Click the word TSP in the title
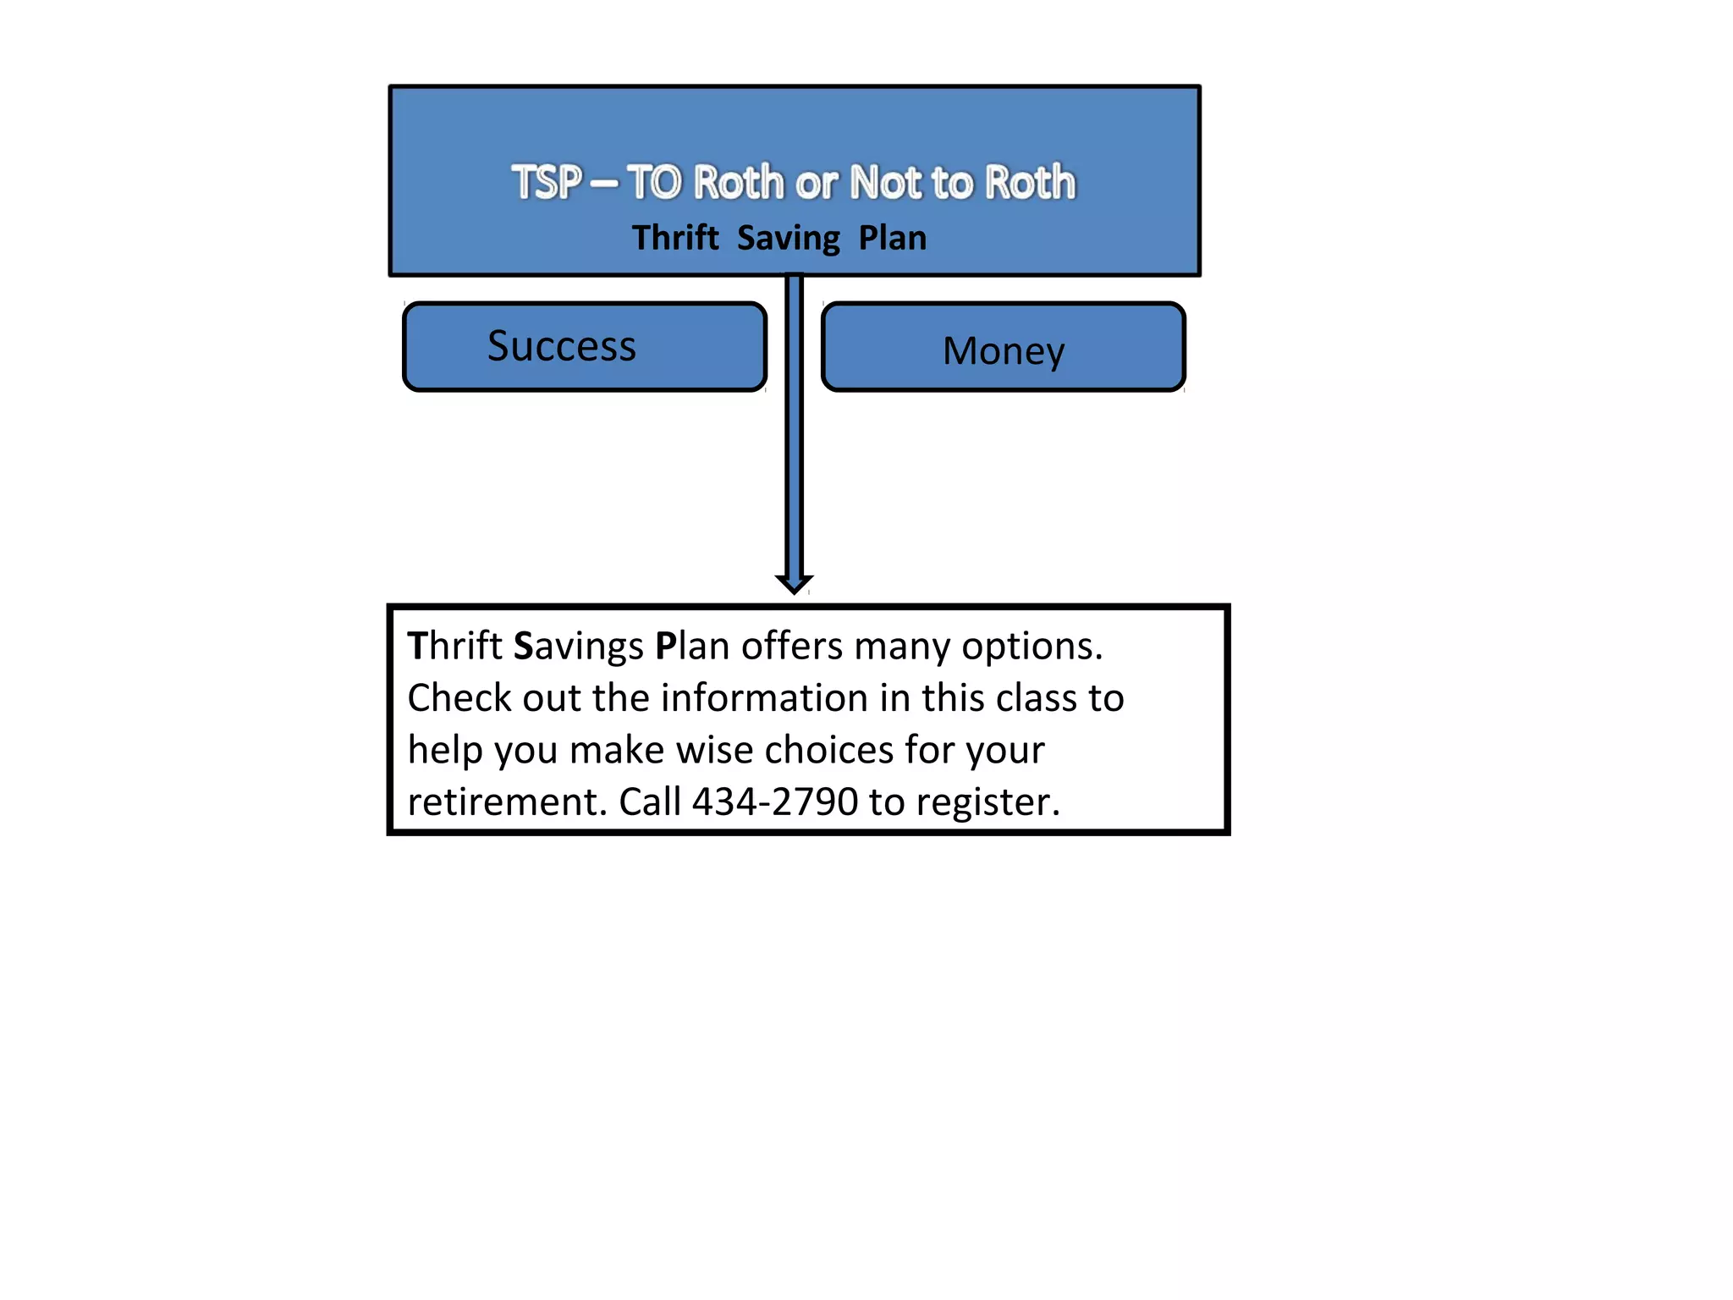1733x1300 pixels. (x=547, y=183)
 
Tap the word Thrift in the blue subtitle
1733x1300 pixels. (x=675, y=238)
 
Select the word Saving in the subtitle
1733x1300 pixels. (x=789, y=239)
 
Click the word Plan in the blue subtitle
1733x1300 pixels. (x=893, y=238)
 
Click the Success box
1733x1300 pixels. (x=585, y=347)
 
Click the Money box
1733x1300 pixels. (x=1004, y=349)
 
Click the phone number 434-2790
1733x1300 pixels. (x=775, y=801)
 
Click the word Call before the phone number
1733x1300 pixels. (x=650, y=801)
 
